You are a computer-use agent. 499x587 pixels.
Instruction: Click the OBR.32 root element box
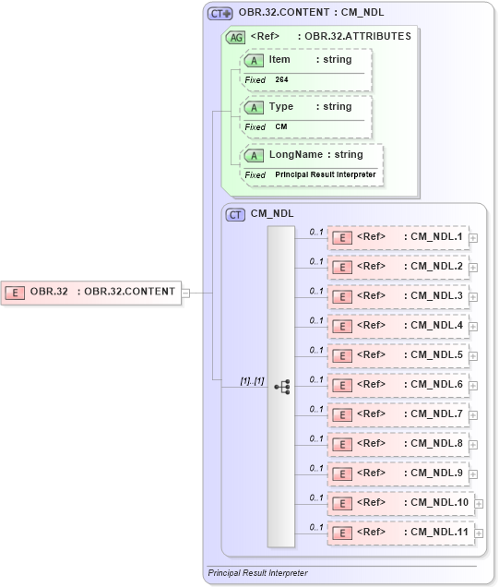(x=91, y=292)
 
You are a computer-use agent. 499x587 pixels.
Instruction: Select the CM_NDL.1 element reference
(x=398, y=237)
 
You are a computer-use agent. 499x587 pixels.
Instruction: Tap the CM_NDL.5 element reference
(x=398, y=355)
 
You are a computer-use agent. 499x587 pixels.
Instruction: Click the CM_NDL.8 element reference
(x=398, y=444)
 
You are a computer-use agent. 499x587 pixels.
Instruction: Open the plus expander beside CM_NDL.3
(x=473, y=297)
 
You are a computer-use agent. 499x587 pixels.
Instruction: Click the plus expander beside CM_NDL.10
(x=479, y=504)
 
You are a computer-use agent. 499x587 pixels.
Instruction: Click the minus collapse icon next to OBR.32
(x=185, y=293)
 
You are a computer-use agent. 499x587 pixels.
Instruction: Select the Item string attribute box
(x=305, y=60)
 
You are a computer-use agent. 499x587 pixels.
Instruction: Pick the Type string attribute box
(x=305, y=107)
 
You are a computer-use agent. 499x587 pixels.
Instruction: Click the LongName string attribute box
(x=311, y=155)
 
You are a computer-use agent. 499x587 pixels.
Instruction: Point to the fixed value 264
(x=282, y=80)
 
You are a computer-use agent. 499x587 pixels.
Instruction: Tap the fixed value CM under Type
(x=281, y=127)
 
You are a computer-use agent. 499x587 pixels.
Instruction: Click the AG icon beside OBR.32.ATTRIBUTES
(x=236, y=37)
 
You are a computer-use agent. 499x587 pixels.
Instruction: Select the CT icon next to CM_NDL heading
(x=235, y=213)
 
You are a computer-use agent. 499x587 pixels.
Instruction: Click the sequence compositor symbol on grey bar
(x=282, y=386)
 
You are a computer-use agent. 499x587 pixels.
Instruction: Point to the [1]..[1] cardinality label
(x=252, y=379)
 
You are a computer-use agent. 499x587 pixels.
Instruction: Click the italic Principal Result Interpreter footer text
(x=257, y=573)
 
